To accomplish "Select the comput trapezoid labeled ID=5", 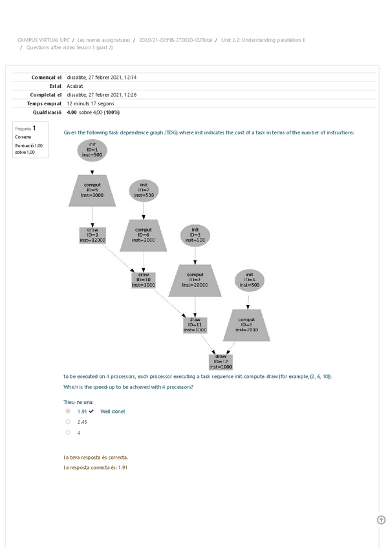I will [92, 190].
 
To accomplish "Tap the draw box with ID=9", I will [92, 235].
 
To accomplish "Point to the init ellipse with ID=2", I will [144, 190].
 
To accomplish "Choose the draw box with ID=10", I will [144, 279].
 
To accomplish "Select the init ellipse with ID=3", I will [195, 235].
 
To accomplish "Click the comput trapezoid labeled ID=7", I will [195, 279].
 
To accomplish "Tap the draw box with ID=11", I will [195, 324].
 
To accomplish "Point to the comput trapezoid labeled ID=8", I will [246, 324].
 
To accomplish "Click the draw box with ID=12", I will [221, 361].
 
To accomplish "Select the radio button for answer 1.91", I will [68, 411].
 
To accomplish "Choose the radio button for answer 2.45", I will [68, 422].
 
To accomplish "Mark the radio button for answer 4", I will [68, 433].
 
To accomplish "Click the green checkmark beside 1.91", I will [92, 411].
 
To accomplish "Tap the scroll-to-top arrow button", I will [381, 520].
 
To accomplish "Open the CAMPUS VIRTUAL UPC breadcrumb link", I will [43, 40].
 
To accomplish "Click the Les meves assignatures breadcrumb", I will [103, 40].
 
